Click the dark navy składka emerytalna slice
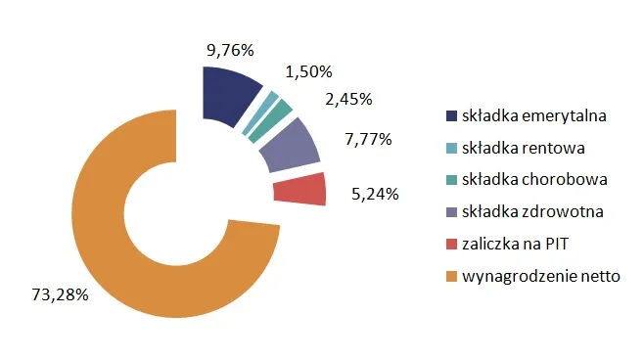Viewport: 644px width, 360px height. pos(228,95)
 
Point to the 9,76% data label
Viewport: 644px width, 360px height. pos(229,48)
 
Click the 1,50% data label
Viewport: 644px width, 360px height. pos(308,71)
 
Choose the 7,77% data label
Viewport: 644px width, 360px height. pos(369,140)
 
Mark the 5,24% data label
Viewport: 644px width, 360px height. pos(375,194)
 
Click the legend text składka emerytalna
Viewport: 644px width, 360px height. pos(535,116)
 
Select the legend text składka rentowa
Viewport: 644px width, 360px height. pos(524,148)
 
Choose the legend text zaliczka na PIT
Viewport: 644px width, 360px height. pos(515,245)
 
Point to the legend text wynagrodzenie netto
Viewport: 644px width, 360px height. pos(541,277)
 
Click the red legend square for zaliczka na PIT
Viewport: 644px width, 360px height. pos(451,245)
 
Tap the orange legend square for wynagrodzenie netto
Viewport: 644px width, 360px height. pos(451,277)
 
